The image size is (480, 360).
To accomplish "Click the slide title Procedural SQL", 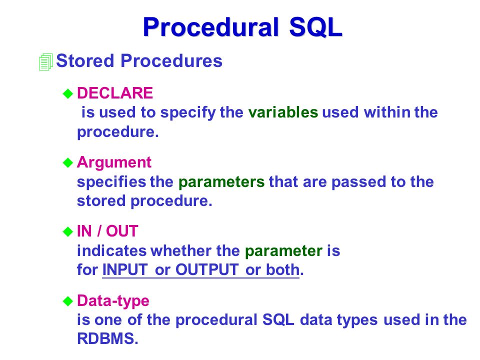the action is pos(242,27).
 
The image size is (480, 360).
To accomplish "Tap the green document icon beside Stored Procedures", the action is pos(46,62).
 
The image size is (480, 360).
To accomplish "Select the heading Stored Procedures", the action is pos(139,60).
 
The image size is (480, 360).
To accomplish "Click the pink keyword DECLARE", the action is pos(115,93).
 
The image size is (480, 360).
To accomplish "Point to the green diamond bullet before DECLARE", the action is pos(67,93).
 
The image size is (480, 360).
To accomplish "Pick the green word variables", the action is pos(283,112).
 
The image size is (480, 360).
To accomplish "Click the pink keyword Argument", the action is pos(114,162).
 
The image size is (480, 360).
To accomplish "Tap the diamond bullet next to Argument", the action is pos(67,162).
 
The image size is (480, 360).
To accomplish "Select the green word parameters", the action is pos(221,182).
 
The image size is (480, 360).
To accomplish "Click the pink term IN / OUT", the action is pos(107,231).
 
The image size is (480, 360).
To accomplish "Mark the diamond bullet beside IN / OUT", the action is pos(67,231).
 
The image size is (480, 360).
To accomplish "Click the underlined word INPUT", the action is pos(125,269).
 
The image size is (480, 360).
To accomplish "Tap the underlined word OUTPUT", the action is pos(207,269).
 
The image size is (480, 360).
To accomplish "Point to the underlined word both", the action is pos(282,269).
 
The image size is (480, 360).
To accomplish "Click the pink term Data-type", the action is pos(113,301).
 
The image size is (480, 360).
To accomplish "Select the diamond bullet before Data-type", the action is pos(67,301).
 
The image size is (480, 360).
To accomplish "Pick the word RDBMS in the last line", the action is pos(106,338).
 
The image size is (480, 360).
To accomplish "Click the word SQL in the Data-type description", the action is pos(278,320).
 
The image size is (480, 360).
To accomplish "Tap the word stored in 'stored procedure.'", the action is pos(101,201).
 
